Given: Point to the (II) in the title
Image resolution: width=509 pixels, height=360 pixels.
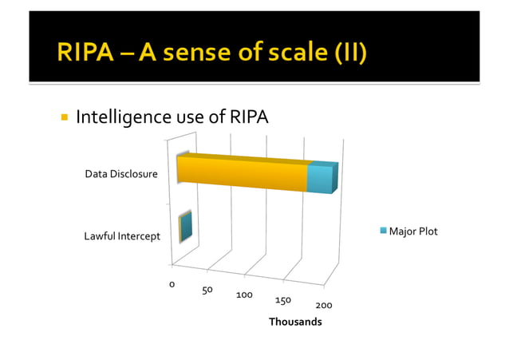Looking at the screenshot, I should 349,53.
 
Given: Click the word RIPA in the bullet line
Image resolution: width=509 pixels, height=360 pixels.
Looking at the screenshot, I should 247,118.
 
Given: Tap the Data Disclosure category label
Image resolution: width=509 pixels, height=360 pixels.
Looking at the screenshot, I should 121,174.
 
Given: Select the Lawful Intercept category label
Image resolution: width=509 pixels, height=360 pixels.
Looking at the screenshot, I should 122,236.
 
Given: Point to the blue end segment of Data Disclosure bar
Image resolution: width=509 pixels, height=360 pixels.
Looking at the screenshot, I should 322,177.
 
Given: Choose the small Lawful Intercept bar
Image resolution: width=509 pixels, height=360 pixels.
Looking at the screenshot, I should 186,227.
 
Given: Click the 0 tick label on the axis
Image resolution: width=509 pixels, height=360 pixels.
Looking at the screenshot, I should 172,283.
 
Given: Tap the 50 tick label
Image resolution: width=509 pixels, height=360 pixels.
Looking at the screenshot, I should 207,290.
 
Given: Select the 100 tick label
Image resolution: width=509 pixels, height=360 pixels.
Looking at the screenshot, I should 244,295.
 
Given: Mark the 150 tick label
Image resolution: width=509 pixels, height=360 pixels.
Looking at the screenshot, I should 282,300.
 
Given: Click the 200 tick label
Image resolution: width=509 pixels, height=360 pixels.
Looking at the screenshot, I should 324,306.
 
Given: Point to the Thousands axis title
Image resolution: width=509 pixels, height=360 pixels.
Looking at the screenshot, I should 295,322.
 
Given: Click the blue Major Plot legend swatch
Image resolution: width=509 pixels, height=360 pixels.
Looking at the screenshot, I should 384,231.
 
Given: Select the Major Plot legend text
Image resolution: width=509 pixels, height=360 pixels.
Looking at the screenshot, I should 413,231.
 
